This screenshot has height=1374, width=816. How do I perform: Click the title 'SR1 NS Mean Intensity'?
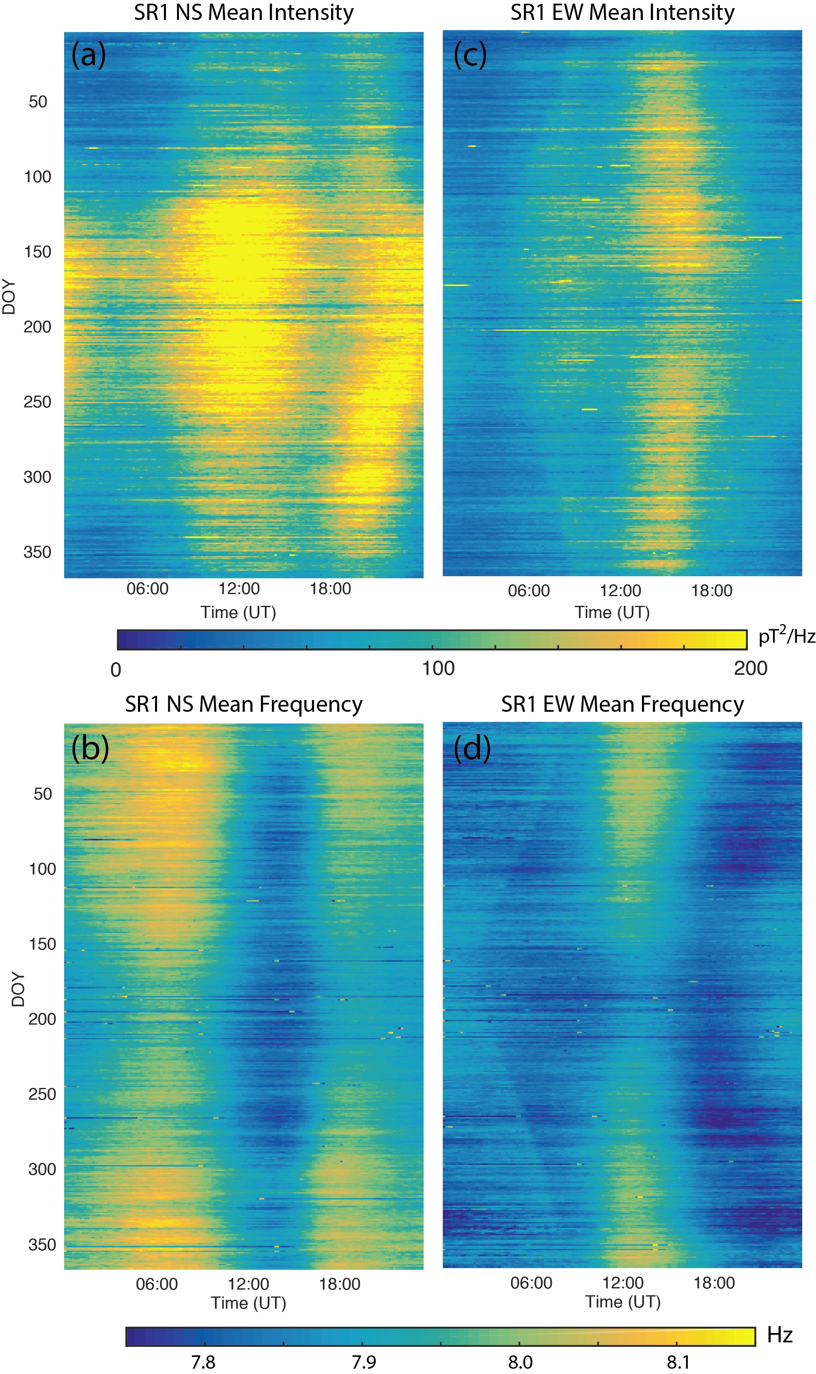243,13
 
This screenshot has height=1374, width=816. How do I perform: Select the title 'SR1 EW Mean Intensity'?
622,13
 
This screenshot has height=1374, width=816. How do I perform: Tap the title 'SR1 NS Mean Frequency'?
243,704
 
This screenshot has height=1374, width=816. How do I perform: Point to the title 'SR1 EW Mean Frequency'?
622,704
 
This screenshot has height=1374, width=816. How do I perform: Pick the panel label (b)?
90,748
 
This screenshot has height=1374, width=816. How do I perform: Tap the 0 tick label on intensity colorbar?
116,670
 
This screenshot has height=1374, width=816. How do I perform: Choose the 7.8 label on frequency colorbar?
203,1362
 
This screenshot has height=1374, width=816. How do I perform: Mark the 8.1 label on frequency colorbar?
678,1362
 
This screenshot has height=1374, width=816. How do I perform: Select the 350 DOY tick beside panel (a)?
37,552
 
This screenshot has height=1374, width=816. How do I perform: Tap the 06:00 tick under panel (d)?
531,1283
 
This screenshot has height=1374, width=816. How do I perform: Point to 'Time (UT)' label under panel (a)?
238,612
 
